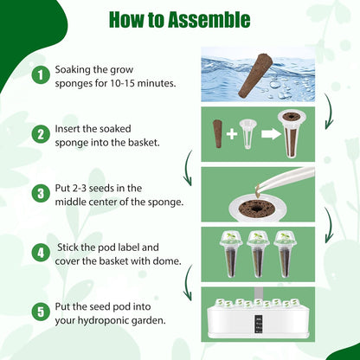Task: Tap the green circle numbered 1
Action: tap(40, 75)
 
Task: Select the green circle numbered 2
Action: tap(40, 134)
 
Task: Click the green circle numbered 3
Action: tap(40, 194)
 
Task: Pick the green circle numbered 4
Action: tap(40, 253)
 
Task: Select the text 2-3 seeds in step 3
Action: tap(95, 188)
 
